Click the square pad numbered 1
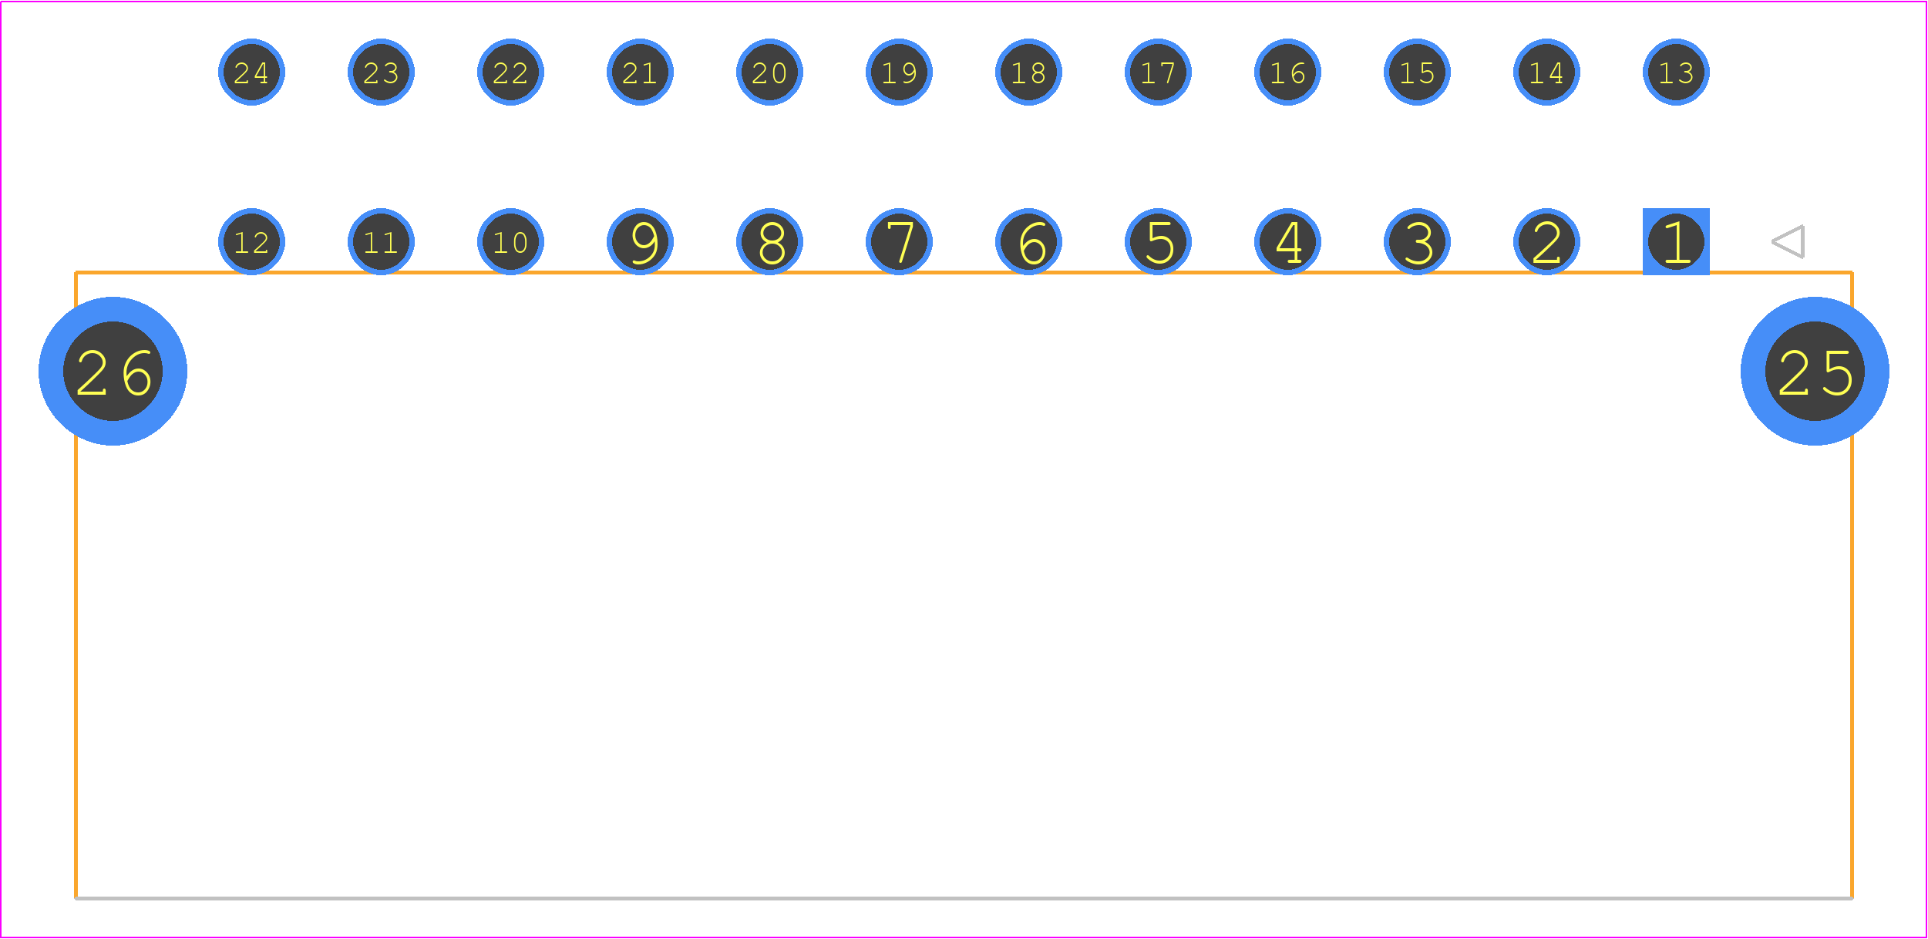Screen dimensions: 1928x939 pyautogui.click(x=1676, y=241)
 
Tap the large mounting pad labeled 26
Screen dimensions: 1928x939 pyautogui.click(x=113, y=371)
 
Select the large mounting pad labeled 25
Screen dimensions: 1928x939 pyautogui.click(x=1815, y=371)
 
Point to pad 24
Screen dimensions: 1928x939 pyautogui.click(x=251, y=72)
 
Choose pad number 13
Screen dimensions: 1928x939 pyautogui.click(x=1676, y=72)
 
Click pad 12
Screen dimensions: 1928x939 pyautogui.click(x=251, y=241)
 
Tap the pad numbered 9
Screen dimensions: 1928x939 pyautogui.click(x=640, y=241)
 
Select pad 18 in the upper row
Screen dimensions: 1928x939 pyautogui.click(x=1028, y=72)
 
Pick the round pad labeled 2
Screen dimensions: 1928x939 pyautogui.click(x=1546, y=241)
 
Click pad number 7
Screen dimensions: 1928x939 pyautogui.click(x=899, y=241)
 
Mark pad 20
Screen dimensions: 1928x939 pyautogui.click(x=769, y=72)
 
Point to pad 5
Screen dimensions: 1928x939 pyautogui.click(x=1158, y=241)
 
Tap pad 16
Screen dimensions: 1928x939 pyautogui.click(x=1287, y=72)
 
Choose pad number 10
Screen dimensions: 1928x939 pyautogui.click(x=510, y=241)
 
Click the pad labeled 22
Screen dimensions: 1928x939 pyautogui.click(x=510, y=72)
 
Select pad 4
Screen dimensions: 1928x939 pyautogui.click(x=1287, y=241)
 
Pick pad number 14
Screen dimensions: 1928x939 pyautogui.click(x=1546, y=72)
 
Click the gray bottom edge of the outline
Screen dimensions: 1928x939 pyautogui.click(x=964, y=898)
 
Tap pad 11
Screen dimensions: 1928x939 pyautogui.click(x=381, y=241)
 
